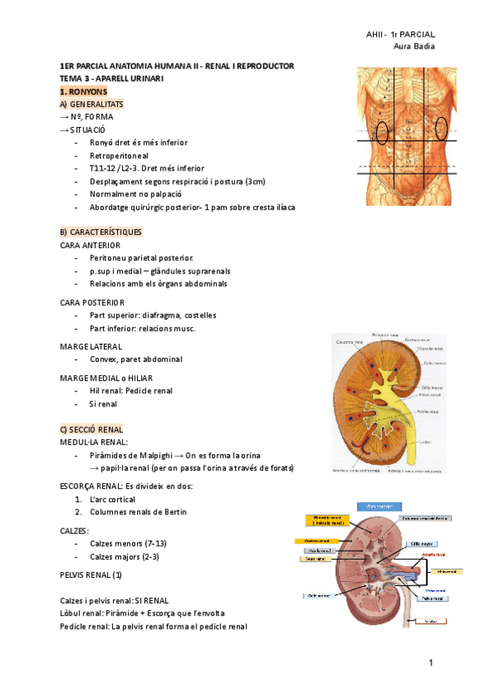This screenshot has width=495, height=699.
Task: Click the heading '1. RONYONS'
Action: click(83, 91)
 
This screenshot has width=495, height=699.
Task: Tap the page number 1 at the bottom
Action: click(431, 663)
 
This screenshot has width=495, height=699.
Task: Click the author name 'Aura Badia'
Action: click(416, 46)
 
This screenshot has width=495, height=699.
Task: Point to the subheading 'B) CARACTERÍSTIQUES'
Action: click(101, 232)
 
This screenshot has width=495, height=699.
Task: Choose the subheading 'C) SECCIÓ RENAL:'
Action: click(92, 429)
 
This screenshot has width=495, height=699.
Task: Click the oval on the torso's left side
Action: click(382, 132)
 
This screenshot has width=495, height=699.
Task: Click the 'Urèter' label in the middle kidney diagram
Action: click(424, 443)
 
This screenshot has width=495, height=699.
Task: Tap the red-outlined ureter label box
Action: click(431, 621)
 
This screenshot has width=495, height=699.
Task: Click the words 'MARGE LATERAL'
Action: click(92, 346)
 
